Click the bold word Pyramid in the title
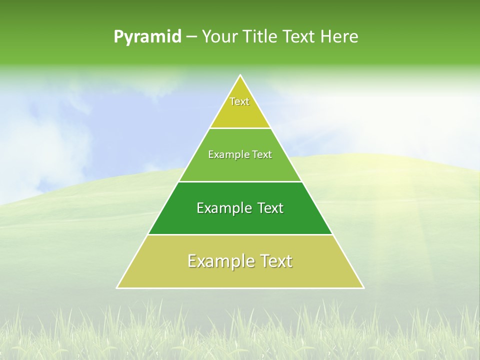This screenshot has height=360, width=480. [147, 37]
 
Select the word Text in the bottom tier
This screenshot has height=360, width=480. [274, 261]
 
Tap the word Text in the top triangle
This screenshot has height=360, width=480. [239, 101]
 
